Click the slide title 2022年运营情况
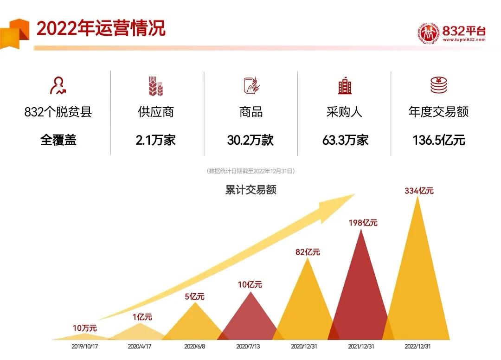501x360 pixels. pyautogui.click(x=101, y=28)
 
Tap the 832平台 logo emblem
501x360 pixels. pyautogui.click(x=428, y=34)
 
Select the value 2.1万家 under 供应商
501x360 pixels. pyautogui.click(x=155, y=140)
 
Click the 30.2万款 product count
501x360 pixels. pyautogui.click(x=250, y=140)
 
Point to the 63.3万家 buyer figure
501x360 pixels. pyautogui.click(x=345, y=140)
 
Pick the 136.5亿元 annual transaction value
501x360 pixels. pyautogui.click(x=438, y=140)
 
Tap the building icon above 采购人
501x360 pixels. pyautogui.click(x=345, y=86)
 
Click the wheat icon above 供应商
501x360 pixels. pyautogui.click(x=155, y=86)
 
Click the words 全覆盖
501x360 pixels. pyautogui.click(x=58, y=140)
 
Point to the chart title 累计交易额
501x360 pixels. pyautogui.click(x=250, y=190)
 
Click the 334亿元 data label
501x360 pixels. pyautogui.click(x=419, y=190)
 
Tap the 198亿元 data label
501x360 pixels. pyautogui.click(x=363, y=223)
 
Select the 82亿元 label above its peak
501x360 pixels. pyautogui.click(x=308, y=252)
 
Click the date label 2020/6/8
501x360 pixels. pyautogui.click(x=195, y=347)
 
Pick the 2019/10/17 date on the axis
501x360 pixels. pyautogui.click(x=85, y=347)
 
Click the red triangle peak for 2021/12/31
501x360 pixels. pyautogui.click(x=361, y=288)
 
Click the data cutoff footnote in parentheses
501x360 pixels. pyautogui.click(x=250, y=171)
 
